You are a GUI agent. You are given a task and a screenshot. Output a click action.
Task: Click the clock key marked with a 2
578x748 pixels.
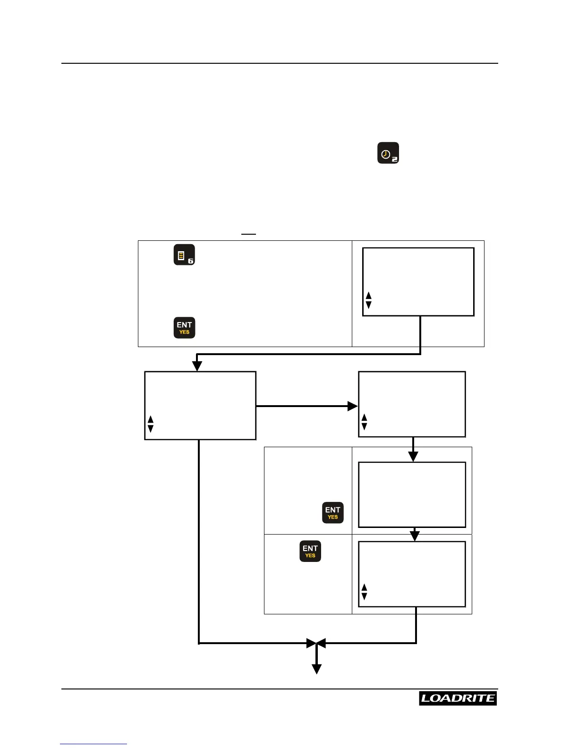coord(388,153)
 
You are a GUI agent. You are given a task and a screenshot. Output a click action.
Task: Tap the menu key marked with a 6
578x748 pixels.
coord(184,255)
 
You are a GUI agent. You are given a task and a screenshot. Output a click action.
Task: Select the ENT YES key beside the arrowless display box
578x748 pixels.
coord(332,512)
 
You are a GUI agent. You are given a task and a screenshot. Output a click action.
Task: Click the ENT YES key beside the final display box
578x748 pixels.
coord(310,551)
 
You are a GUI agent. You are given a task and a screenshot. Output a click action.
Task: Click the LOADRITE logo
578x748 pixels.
coord(458,698)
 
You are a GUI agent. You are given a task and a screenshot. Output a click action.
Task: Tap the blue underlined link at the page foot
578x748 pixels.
coord(93,744)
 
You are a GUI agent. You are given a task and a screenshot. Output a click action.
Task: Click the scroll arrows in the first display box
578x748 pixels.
coord(369,300)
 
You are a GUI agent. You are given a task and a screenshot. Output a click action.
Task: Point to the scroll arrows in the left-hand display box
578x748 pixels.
coord(151,424)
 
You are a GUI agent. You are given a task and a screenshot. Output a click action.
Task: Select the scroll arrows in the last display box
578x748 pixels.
coord(364,592)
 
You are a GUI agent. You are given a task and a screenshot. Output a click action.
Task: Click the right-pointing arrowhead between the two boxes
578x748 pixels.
coord(352,406)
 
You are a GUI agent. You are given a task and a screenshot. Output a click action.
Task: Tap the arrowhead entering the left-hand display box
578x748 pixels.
coord(197,366)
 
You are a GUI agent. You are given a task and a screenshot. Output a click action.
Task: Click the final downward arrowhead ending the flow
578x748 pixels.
coord(317,669)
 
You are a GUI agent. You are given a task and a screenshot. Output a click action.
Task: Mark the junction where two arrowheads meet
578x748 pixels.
coord(316,643)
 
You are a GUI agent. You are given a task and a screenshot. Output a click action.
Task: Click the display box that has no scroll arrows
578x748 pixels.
coord(412,494)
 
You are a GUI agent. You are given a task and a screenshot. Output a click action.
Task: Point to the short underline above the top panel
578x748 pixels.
coord(248,234)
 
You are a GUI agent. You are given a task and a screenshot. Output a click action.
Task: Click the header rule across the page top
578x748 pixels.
coord(280,63)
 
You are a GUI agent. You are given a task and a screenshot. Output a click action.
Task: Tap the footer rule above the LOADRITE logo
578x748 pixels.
coord(280,689)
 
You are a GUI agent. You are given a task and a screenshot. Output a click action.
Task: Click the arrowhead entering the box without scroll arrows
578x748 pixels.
coord(413,457)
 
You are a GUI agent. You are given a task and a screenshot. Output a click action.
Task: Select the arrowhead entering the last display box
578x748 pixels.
coord(415,536)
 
